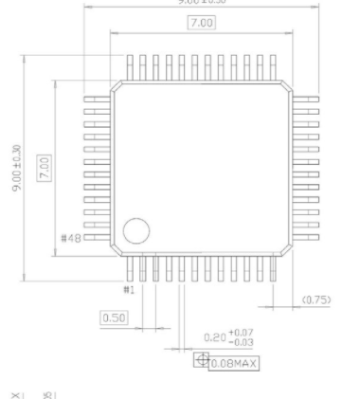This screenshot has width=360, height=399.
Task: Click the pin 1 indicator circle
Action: click(136, 230)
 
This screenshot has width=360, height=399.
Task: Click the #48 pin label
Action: click(71, 238)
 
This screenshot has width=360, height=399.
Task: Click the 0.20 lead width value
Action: click(216, 336)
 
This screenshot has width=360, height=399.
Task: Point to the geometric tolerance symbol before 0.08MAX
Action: click(200, 361)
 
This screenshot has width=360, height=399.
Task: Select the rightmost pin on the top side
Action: click(272, 67)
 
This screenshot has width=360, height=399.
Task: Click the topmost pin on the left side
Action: click(95, 98)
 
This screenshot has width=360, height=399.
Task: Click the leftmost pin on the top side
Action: click(131, 67)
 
